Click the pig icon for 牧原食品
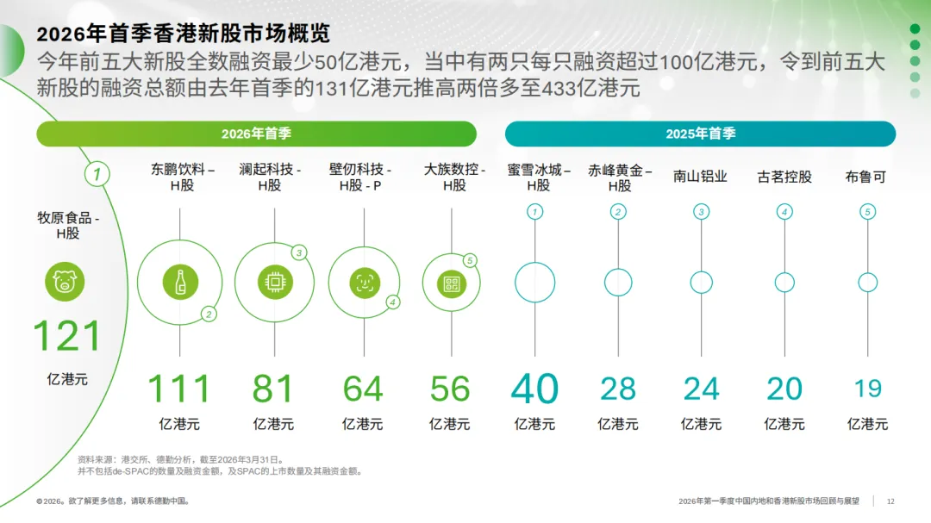66,282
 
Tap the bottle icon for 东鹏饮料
180,282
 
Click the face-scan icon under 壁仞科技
364,282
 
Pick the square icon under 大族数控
450,282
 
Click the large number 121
66,336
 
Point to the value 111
179,389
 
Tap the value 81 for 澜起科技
273,389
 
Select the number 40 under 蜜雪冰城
534,389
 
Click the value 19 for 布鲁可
868,389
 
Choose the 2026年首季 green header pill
256,134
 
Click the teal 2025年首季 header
700,134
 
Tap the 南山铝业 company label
701,177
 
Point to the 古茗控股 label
784,177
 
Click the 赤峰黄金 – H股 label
619,177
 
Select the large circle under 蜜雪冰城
534,282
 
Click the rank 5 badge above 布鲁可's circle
868,212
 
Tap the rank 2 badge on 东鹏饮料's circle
209,314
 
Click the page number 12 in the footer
890,501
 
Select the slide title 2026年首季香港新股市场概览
184,34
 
